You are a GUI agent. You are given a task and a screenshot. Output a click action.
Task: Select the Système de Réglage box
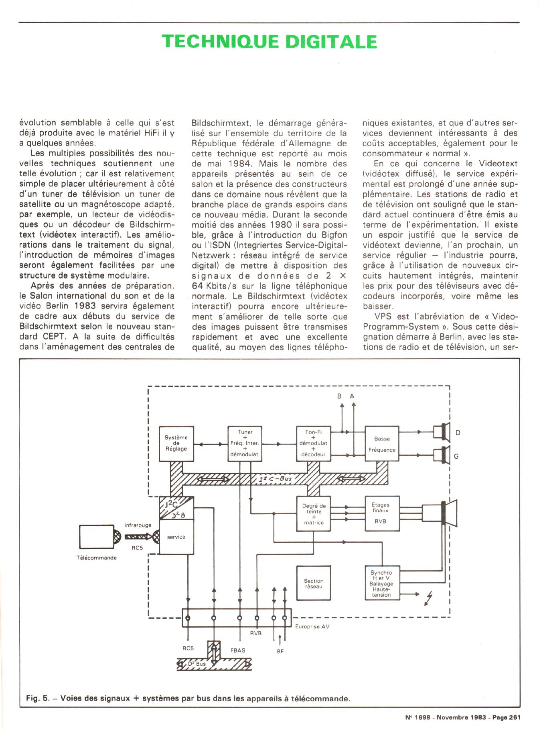click(176, 443)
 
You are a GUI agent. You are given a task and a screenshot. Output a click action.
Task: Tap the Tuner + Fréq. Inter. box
click(245, 443)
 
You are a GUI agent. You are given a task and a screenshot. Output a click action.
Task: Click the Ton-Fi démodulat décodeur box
click(313, 443)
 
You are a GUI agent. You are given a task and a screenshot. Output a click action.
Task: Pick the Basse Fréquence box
click(382, 444)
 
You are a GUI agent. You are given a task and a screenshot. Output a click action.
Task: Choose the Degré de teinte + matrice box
click(313, 514)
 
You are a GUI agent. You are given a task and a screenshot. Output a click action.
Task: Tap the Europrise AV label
click(312, 626)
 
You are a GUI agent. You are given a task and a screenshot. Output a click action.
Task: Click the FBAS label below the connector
click(238, 650)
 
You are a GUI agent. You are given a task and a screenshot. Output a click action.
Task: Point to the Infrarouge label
click(138, 525)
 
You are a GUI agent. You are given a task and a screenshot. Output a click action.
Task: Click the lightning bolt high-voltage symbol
click(429, 600)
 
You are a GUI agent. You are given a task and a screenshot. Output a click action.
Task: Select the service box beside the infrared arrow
click(176, 537)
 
